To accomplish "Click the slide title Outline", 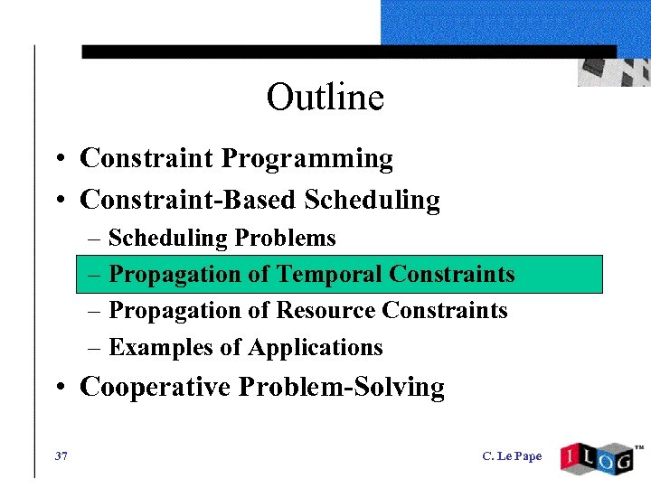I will (x=325, y=97).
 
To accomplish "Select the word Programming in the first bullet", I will (x=307, y=159).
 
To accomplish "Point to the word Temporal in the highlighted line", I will (x=329, y=275).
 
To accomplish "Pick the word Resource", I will (x=325, y=311).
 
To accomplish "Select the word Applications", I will (x=315, y=348).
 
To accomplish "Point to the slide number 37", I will (x=61, y=455).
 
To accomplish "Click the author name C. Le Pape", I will (x=512, y=455).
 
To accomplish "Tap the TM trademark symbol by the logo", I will (x=638, y=447).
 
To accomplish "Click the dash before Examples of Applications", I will (x=96, y=348).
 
